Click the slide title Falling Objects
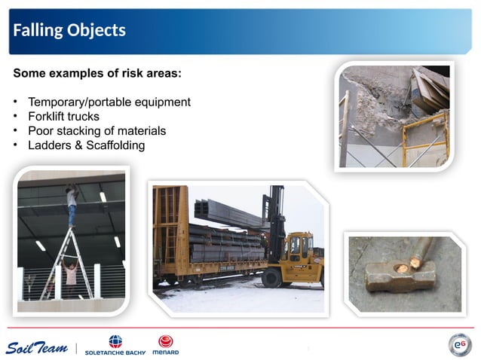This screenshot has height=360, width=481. click(x=69, y=30)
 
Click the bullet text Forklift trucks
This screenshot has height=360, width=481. click(x=63, y=116)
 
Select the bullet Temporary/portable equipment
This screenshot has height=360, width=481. click(x=109, y=102)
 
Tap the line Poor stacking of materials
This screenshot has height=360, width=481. click(x=97, y=130)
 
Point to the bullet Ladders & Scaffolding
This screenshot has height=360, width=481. click(x=86, y=145)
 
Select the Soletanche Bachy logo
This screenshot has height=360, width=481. click(x=115, y=346)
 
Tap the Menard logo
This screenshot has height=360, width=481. click(x=166, y=345)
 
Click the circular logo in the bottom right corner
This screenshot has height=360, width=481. click(x=459, y=345)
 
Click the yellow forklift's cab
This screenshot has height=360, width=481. click(x=299, y=246)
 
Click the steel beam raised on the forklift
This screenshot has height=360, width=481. click(x=226, y=213)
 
